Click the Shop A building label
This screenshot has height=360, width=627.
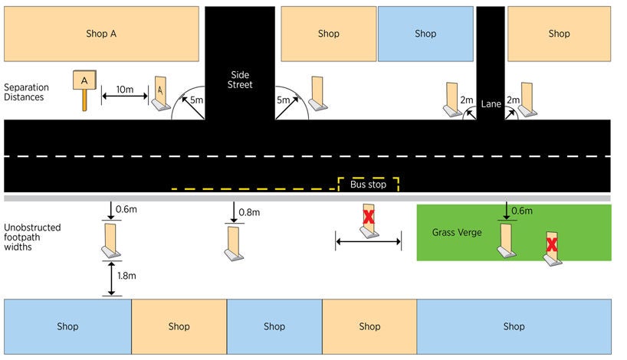pos(101,34)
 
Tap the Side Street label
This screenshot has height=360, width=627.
pos(240,80)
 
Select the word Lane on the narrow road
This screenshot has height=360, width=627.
pos(491,103)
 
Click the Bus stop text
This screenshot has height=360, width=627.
pos(368,185)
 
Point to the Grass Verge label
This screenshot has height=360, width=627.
pos(457,232)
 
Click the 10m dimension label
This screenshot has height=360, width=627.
pos(125,90)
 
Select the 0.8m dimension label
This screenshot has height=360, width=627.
pos(249,212)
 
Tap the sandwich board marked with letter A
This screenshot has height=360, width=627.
pos(159,93)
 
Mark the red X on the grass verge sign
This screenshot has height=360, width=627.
pos(552,245)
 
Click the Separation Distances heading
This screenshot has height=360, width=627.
pos(24,92)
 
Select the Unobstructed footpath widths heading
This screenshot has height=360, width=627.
pos(32,237)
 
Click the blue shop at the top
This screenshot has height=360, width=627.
pos(425,34)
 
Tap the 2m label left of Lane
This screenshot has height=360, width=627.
pos(467,100)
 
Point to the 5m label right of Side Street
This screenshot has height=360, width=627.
pos(284,100)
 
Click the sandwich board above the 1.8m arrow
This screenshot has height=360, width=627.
pos(111,241)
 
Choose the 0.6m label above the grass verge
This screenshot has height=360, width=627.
pos(521,211)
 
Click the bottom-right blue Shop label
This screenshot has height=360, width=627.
pos(514,326)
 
